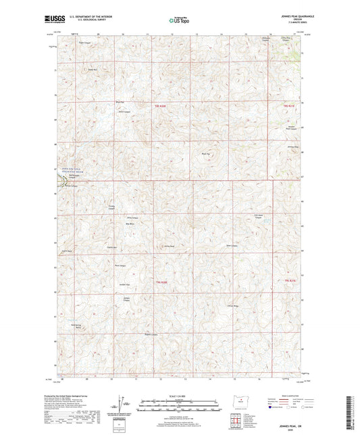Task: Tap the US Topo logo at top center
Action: click(178, 22)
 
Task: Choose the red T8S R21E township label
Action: click(290, 106)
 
